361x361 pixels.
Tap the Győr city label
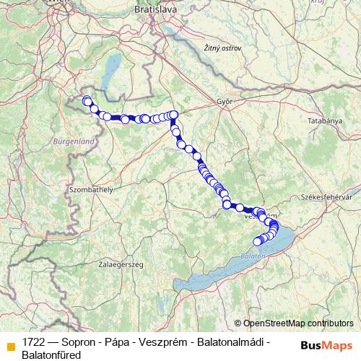(224, 103)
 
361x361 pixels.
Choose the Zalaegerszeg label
(121, 265)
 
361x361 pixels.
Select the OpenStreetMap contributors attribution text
(298, 323)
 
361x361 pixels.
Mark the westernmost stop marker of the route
(87, 100)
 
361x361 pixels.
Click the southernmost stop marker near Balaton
(257, 241)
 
